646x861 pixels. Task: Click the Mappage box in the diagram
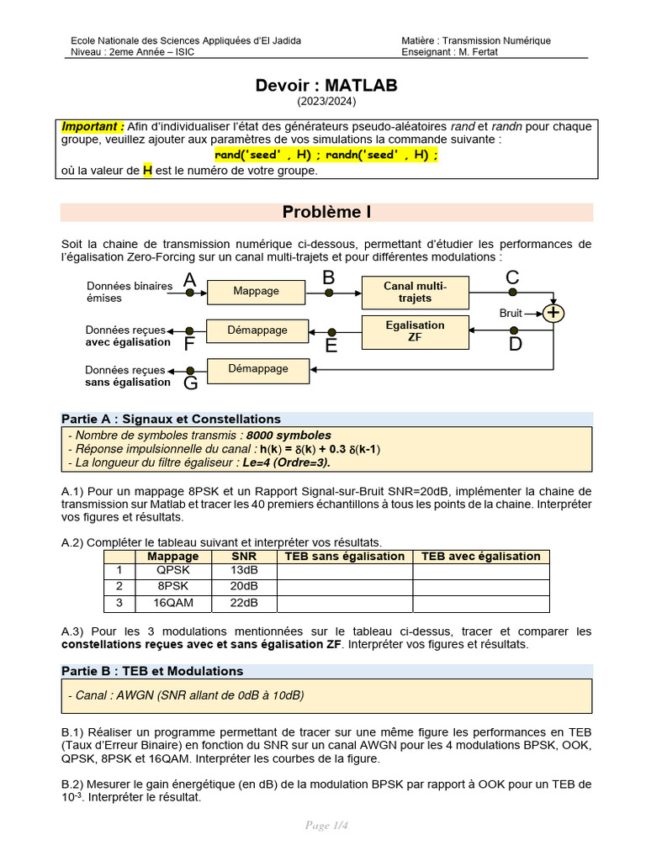coord(257,291)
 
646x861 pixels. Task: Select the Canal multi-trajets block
coord(415,292)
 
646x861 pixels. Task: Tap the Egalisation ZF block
coord(415,331)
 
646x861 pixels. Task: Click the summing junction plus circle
coord(553,313)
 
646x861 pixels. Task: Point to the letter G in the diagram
coord(190,383)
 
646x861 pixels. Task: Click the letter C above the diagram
coord(512,277)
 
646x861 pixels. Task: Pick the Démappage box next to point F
coord(257,330)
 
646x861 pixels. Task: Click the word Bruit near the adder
coord(511,313)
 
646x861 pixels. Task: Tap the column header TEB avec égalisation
coord(480,556)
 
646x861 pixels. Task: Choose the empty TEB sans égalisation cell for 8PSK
coord(345,587)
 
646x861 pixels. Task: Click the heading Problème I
coord(326,212)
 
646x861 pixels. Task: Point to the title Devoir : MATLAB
coord(326,86)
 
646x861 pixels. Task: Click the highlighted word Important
coord(93,127)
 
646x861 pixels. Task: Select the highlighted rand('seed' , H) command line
coord(326,156)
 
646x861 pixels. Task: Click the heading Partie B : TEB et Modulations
coord(152,671)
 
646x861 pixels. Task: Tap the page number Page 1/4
coord(326,825)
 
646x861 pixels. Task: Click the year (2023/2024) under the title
coord(326,102)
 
